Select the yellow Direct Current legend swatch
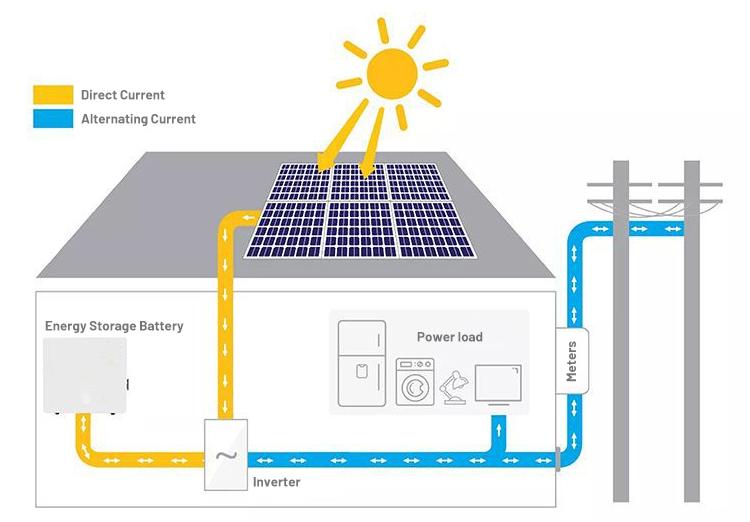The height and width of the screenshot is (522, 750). tap(53, 95)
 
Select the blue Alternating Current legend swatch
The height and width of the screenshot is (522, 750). tap(53, 119)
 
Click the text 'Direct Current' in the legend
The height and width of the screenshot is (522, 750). tap(123, 95)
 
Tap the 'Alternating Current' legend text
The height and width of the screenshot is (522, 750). tap(138, 119)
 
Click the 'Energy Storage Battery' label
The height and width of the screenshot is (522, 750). tap(114, 326)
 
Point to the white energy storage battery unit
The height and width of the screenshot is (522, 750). tap(85, 374)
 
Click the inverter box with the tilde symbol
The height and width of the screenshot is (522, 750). tap(226, 455)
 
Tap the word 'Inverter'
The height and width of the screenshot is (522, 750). tap(276, 482)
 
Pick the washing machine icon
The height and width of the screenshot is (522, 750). tap(414, 382)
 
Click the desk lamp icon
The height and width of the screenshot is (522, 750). tap(454, 385)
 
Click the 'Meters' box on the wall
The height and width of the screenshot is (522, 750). tap(572, 361)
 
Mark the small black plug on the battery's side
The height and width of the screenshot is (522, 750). tap(129, 384)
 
